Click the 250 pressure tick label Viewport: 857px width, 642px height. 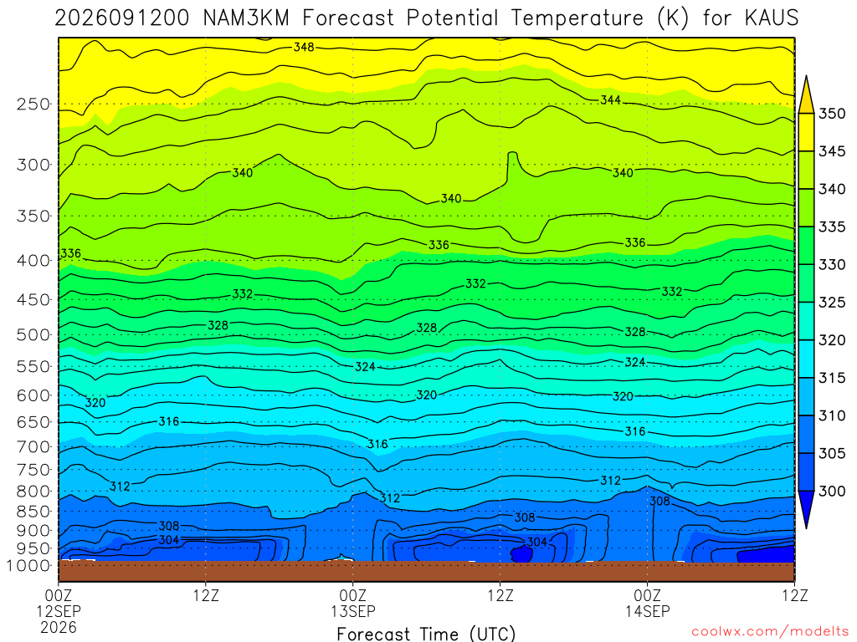[33, 104]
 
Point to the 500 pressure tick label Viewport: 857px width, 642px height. [33, 334]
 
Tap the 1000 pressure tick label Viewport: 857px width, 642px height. [29, 566]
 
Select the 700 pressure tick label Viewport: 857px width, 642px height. [33, 446]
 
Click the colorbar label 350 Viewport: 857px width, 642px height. [831, 114]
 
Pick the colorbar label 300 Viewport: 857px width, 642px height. [831, 492]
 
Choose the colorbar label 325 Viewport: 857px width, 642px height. [831, 303]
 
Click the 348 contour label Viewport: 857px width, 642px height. [304, 47]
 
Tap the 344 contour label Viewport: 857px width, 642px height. [610, 100]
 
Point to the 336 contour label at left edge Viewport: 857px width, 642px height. [70, 253]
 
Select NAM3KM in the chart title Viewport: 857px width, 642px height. [246, 18]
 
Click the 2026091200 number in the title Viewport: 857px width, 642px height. [122, 18]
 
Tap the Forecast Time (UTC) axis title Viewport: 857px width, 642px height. [426, 634]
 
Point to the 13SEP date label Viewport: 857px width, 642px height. [353, 611]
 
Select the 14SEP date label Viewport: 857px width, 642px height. [648, 611]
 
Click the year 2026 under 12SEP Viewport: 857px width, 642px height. [59, 628]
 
